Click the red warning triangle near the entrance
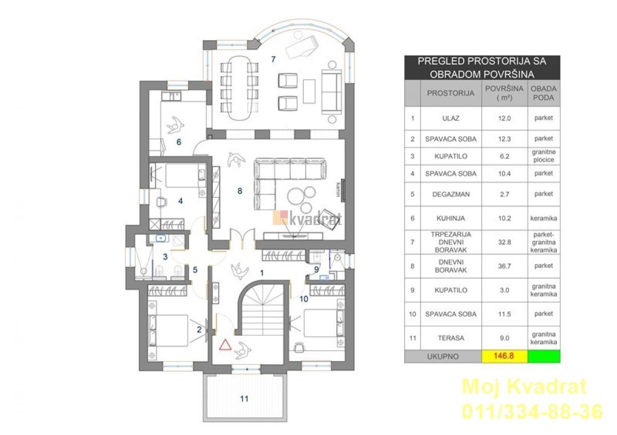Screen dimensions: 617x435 [x=225, y=345]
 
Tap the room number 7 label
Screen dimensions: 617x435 [x=273, y=59]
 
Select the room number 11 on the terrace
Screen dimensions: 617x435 [x=244, y=399]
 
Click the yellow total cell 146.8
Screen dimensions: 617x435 [x=504, y=356]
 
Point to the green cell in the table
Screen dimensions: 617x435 [x=544, y=356]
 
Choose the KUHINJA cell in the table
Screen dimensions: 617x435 [x=450, y=218]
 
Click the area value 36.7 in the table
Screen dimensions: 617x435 [x=504, y=266]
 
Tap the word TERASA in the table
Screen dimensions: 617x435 [x=450, y=338]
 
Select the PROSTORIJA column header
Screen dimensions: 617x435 [x=450, y=93]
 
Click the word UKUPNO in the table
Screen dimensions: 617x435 [x=443, y=356]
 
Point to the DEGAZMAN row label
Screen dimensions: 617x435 [x=450, y=194]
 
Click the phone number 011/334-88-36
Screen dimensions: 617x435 [x=532, y=412]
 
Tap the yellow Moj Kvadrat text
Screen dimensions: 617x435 [x=524, y=387]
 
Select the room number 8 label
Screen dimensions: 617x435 [x=240, y=191]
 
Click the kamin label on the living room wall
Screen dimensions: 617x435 [x=339, y=190]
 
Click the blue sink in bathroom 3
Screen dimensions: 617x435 [x=160, y=238]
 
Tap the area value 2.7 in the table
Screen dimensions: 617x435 [x=504, y=194]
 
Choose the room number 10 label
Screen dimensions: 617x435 [x=303, y=299]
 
